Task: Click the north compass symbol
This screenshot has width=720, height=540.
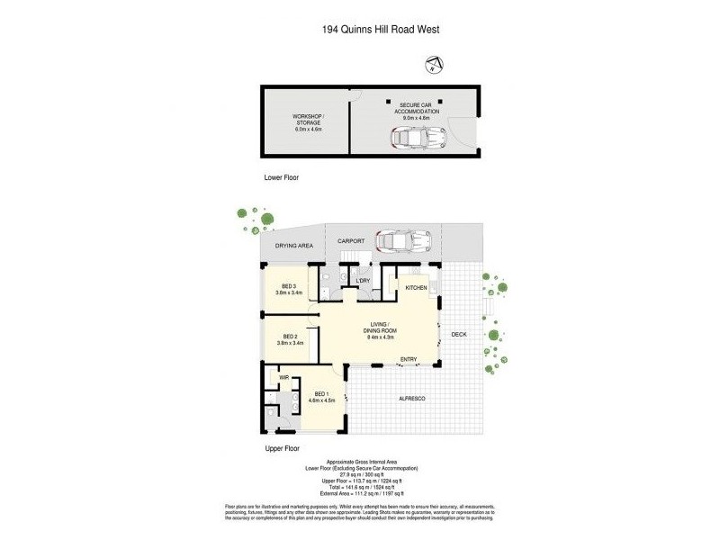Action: pos(434,63)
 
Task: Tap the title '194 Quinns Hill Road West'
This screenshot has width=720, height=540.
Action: pos(380,29)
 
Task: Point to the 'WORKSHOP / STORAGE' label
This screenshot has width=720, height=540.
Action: pos(308,121)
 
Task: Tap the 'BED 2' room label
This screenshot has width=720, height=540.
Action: pos(289,337)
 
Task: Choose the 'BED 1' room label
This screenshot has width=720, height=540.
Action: pos(322,392)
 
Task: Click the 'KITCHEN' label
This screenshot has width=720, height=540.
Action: pos(415,287)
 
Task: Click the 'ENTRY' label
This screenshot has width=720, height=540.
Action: pos(409,360)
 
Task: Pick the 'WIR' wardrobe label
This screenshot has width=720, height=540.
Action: pos(284,378)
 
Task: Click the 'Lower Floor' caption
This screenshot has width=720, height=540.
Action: pos(280,178)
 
